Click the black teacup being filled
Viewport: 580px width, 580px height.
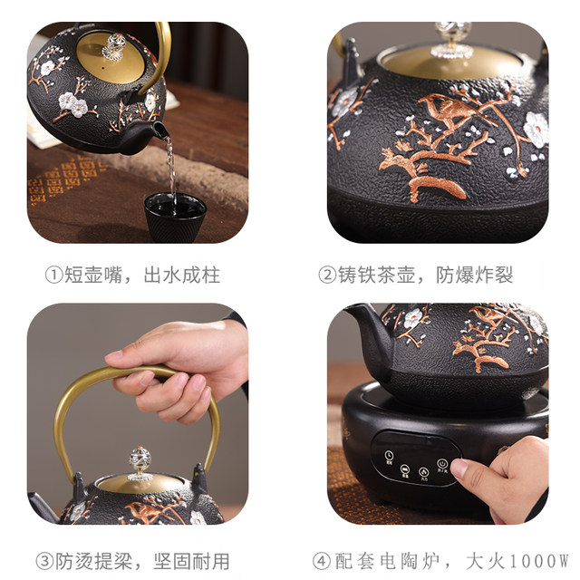175,216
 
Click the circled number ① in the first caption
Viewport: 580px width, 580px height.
53,275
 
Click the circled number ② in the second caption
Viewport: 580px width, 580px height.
327,275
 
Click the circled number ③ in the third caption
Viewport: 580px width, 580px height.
43,560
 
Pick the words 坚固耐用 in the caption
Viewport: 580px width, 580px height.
191,560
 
